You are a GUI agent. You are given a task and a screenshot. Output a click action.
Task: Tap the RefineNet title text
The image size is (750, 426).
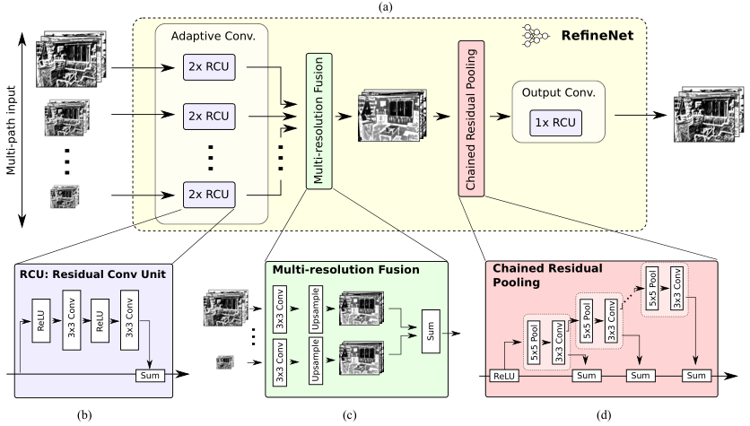coord(597,39)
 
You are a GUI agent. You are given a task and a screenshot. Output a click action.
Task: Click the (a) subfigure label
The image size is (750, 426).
coord(375,5)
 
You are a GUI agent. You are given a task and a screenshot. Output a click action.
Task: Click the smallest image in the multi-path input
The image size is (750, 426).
coord(66,193)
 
